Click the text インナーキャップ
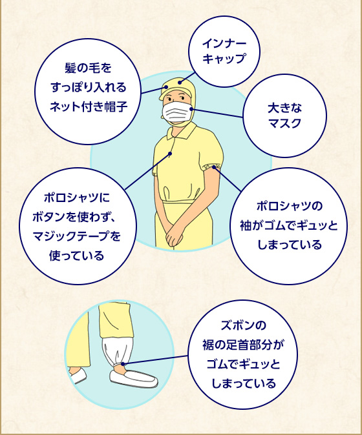coord(224,51)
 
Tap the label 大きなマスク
coord(285,116)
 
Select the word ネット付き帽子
coord(89,106)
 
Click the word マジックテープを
coord(76,236)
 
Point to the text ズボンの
coord(243,325)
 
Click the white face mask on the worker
coord(177,112)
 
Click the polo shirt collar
coord(180,131)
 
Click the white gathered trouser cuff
coord(117,352)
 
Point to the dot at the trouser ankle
coord(123,364)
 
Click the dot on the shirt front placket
coord(170,154)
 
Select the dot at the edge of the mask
coord(191,108)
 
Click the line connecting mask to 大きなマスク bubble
coord(217,113)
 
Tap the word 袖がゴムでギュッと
coord(289,225)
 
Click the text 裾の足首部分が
coord(243,345)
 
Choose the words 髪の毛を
coord(88,68)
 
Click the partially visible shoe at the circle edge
coord(78,375)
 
